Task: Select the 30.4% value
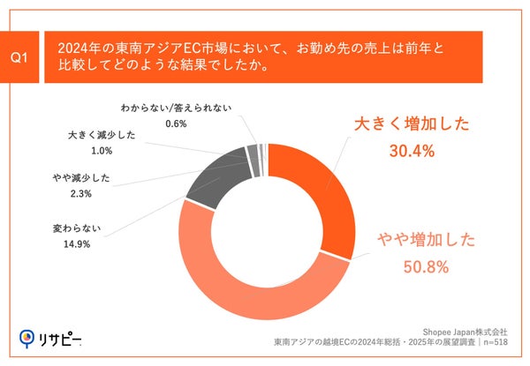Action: [x=412, y=152]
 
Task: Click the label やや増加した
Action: [x=427, y=239]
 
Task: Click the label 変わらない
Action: [x=78, y=228]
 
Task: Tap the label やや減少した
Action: [x=81, y=178]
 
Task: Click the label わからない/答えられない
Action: [x=177, y=108]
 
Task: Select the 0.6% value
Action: [x=177, y=123]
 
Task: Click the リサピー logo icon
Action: [x=27, y=338]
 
